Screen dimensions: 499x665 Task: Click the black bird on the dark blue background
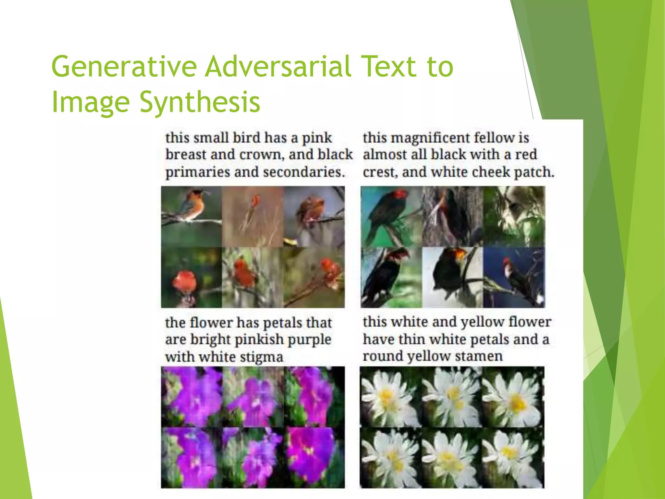[x=516, y=276]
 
